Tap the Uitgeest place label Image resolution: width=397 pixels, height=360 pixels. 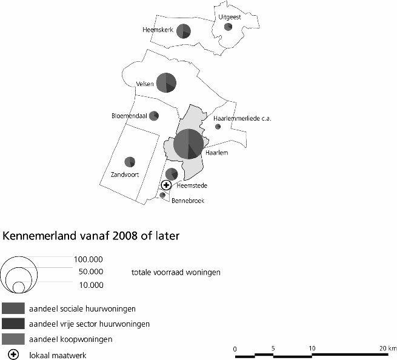[230, 17]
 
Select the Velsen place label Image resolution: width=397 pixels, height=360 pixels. [145, 84]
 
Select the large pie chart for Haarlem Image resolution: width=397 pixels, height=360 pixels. [188, 144]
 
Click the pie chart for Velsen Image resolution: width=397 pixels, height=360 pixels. [167, 82]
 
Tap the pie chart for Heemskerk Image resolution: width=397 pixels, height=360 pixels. [184, 32]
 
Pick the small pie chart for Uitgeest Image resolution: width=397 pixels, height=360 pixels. [229, 27]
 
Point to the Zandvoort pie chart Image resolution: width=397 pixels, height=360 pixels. [129, 162]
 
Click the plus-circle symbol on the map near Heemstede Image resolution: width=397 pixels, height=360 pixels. [167, 185]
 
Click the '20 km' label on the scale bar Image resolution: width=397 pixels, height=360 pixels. [387, 348]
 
